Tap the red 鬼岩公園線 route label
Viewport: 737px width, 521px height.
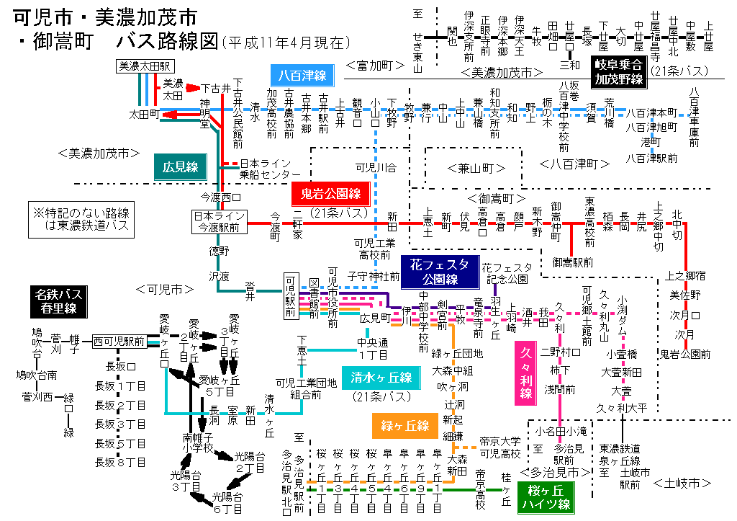pos(330,193)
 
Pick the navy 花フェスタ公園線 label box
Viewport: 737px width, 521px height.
pos(440,270)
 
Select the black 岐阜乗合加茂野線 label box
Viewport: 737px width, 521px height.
pos(618,72)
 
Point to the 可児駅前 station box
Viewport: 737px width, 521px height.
pos(291,295)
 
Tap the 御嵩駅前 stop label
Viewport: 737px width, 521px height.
pos(573,262)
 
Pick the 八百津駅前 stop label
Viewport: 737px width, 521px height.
pos(651,156)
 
